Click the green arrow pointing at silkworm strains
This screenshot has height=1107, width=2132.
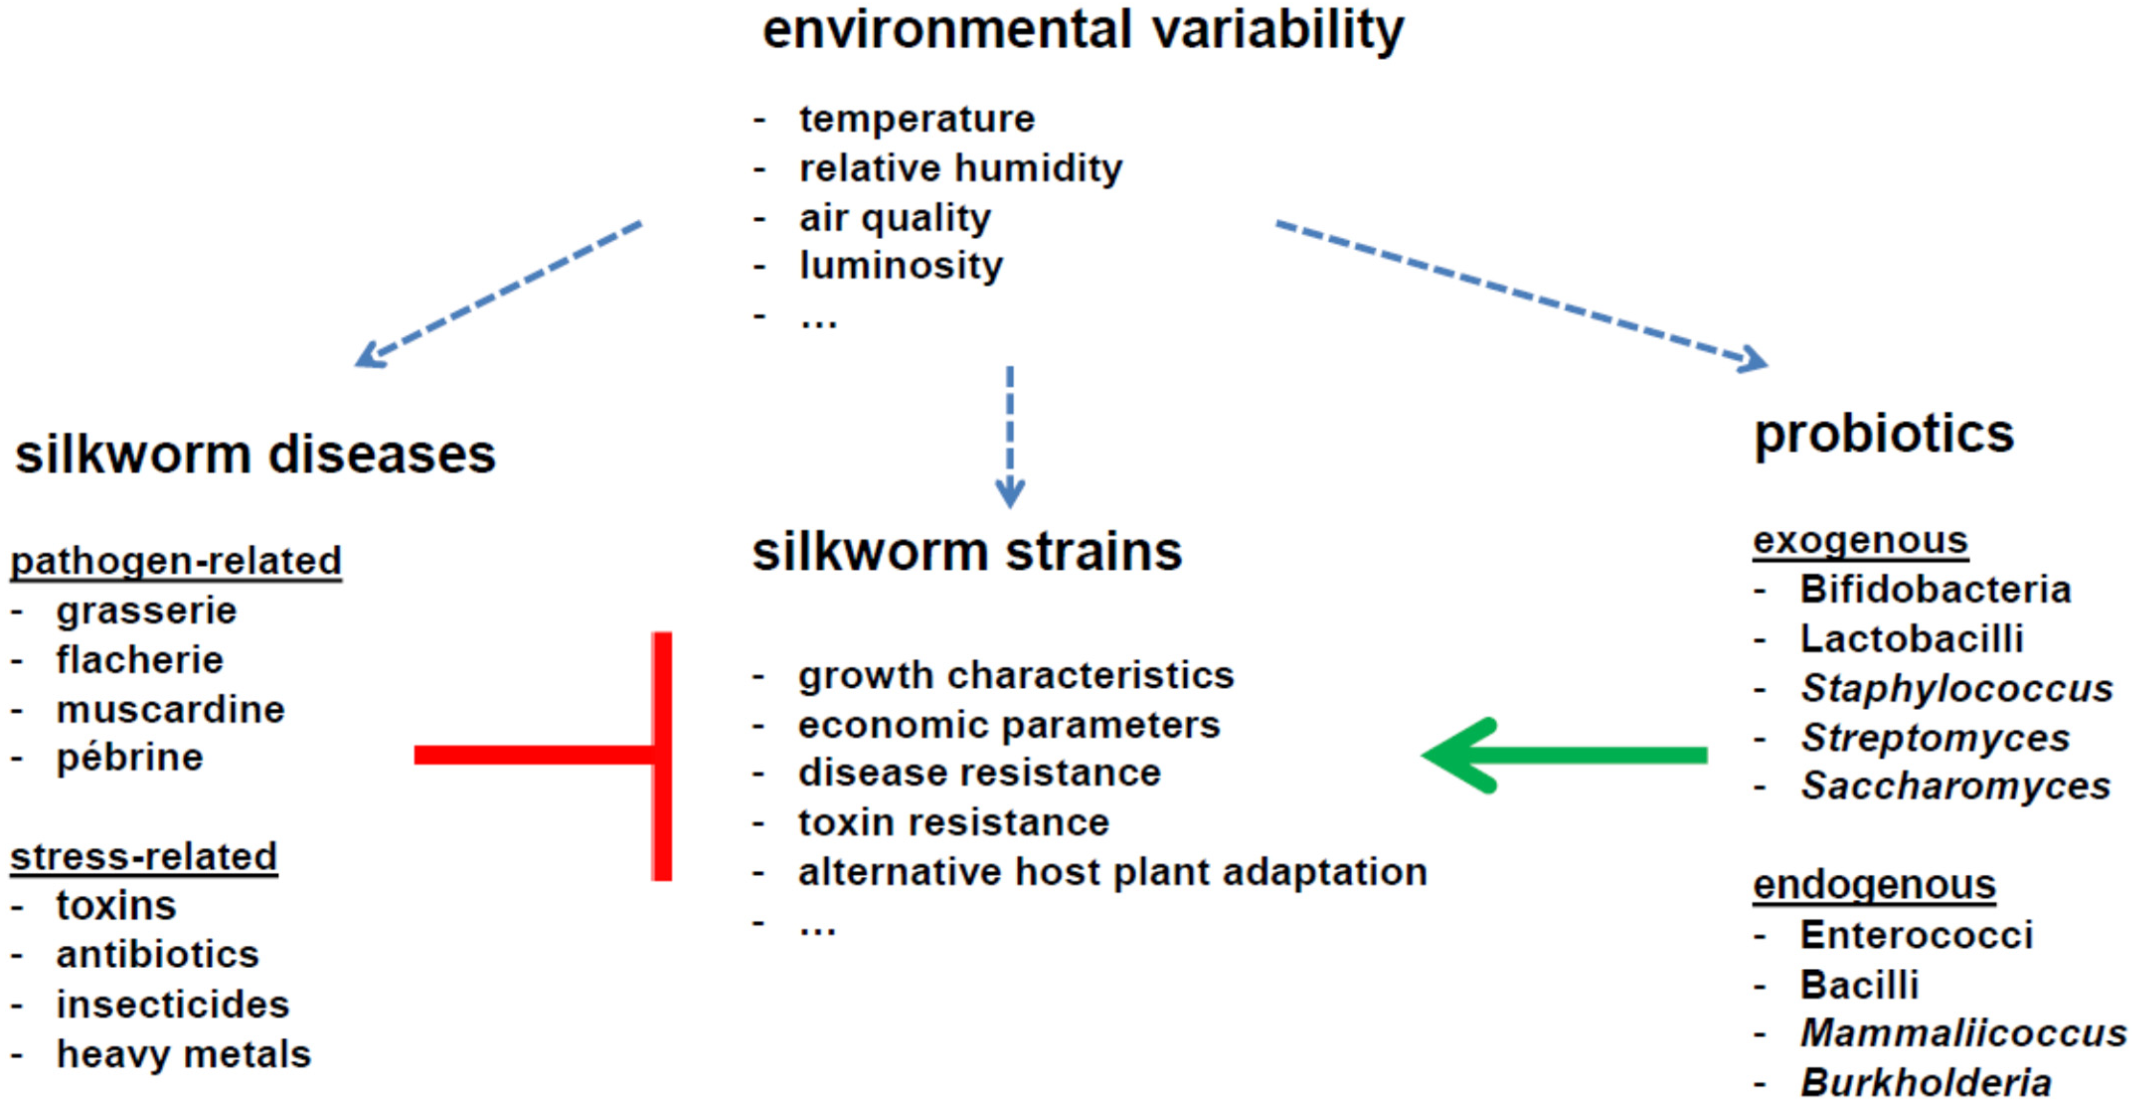point(1564,755)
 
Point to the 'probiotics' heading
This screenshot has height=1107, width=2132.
point(1884,435)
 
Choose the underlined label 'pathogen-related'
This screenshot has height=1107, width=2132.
point(175,560)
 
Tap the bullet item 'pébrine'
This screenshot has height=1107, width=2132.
point(130,757)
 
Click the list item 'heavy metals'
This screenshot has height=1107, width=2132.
point(184,1054)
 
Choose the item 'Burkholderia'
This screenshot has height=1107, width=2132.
point(1926,1082)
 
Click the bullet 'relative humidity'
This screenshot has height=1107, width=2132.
point(961,168)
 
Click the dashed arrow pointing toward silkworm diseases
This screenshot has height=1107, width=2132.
point(498,294)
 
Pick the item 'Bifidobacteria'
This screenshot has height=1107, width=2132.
point(1936,589)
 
